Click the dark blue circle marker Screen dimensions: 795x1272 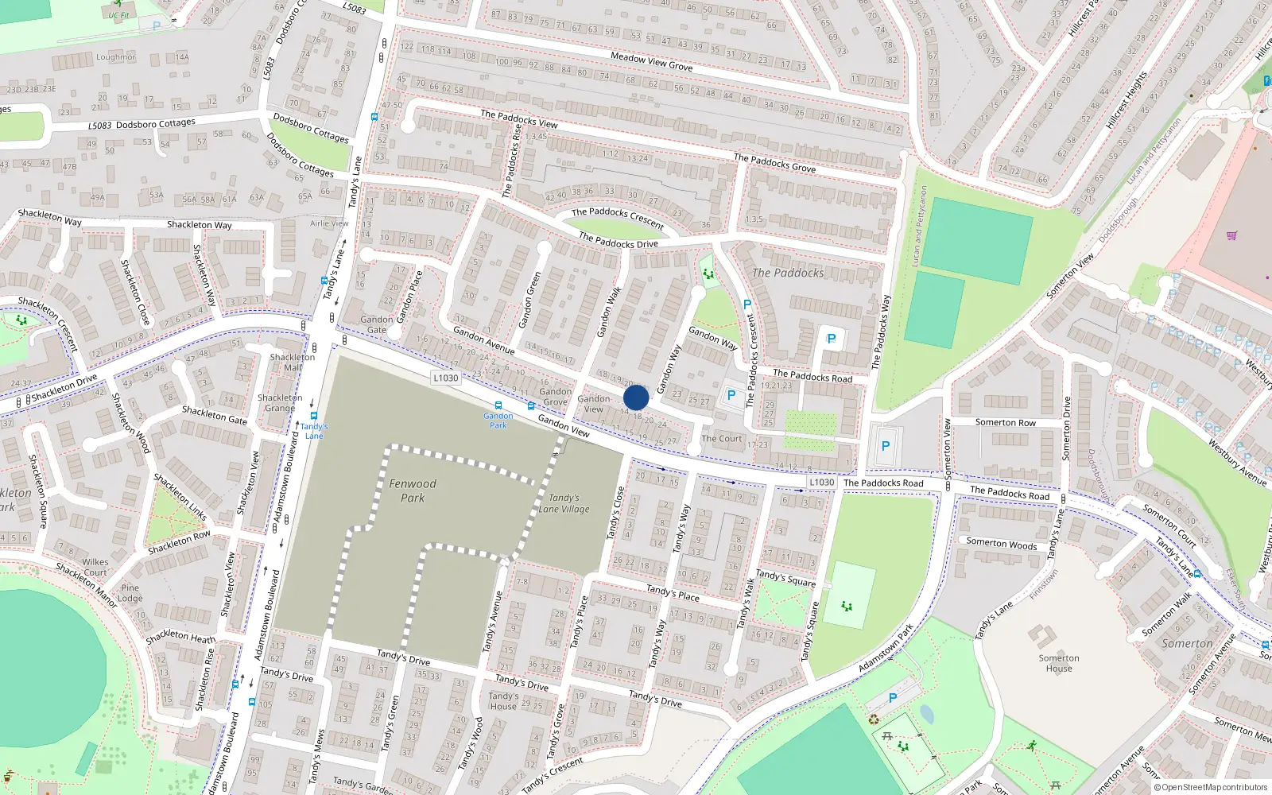tap(636, 397)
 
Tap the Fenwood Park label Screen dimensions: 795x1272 tap(413, 491)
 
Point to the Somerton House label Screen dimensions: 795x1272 tap(1059, 663)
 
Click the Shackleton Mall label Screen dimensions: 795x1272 tap(293, 362)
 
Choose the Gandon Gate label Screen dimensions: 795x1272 tap(377, 324)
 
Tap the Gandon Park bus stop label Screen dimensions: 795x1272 tap(498, 420)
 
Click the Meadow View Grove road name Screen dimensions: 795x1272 tap(651, 61)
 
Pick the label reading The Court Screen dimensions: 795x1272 tap(721, 438)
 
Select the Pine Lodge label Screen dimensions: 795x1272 tap(130, 593)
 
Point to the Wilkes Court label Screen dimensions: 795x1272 tap(95, 567)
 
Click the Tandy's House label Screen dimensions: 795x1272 tap(503, 700)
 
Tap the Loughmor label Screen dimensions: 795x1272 tap(116, 57)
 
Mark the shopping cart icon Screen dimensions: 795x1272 tap(1232, 235)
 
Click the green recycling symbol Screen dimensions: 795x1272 tap(874, 719)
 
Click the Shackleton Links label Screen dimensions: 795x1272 tap(180, 496)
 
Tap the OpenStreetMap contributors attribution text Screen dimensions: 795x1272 tap(1211, 788)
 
